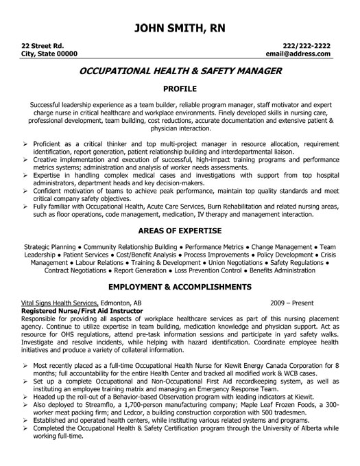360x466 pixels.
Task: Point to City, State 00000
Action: point(49,53)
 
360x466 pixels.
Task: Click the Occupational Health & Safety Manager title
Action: point(180,71)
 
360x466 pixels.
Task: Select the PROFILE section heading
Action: point(180,89)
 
